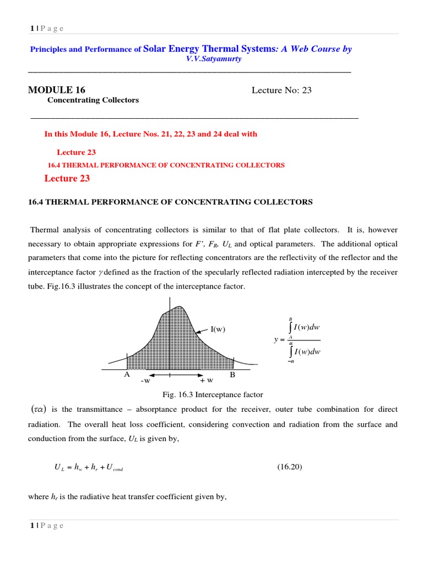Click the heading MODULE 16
[x=56, y=90]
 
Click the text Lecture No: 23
[x=281, y=90]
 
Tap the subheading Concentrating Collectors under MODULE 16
[x=93, y=100]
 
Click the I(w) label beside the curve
[x=218, y=329]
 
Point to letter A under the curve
[x=126, y=375]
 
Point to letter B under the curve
[x=233, y=375]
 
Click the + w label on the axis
[x=207, y=380]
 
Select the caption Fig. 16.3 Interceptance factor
[x=213, y=395]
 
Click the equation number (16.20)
[x=290, y=467]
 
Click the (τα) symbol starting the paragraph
[x=39, y=410]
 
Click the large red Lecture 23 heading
[x=67, y=178]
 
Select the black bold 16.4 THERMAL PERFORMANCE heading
[x=170, y=202]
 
